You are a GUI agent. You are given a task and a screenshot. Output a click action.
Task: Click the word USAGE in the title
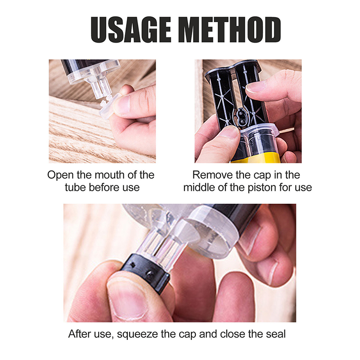(x=131, y=30)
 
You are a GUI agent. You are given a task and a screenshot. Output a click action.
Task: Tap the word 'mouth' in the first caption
(x=107, y=175)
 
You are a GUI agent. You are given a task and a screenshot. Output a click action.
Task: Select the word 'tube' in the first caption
(x=76, y=187)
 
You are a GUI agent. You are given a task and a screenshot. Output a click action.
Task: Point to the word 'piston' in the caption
(x=262, y=188)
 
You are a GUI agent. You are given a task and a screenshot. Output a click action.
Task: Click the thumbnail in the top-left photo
(x=123, y=105)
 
